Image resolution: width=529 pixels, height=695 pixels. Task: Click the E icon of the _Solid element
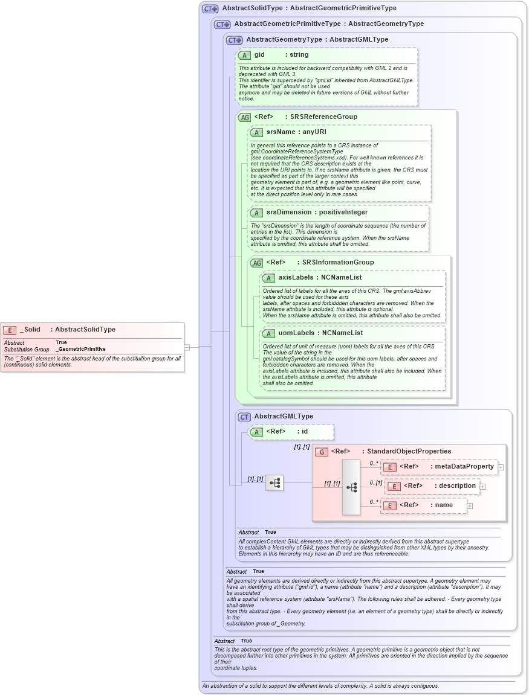pyautogui.click(x=10, y=330)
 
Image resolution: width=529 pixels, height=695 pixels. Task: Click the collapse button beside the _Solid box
pyautogui.click(x=187, y=347)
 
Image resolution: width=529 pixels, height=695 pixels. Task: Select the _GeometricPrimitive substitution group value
pyautogui.click(x=80, y=349)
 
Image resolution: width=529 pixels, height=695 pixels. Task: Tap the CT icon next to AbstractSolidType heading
pyautogui.click(x=210, y=9)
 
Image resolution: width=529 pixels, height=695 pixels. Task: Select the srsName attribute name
pyautogui.click(x=281, y=132)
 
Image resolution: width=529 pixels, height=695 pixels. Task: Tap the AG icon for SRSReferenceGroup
pyautogui.click(x=244, y=117)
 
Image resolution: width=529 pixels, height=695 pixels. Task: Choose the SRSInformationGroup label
pyautogui.click(x=338, y=263)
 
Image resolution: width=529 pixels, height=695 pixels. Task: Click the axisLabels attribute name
pyautogui.click(x=296, y=278)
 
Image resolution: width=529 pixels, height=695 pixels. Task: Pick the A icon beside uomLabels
pyautogui.click(x=268, y=333)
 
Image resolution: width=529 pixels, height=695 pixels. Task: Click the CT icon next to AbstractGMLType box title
pyautogui.click(x=244, y=417)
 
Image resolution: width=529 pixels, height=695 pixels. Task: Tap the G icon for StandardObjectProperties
pyautogui.click(x=322, y=452)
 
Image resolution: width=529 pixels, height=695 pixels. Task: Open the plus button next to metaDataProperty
pyautogui.click(x=501, y=467)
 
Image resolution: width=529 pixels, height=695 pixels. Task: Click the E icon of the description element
pyautogui.click(x=394, y=486)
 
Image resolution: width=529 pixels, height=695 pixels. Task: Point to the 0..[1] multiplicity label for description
pyautogui.click(x=375, y=482)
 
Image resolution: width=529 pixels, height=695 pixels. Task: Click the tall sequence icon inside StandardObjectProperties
pyautogui.click(x=351, y=487)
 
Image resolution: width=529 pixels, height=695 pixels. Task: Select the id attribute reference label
pyautogui.click(x=305, y=432)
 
